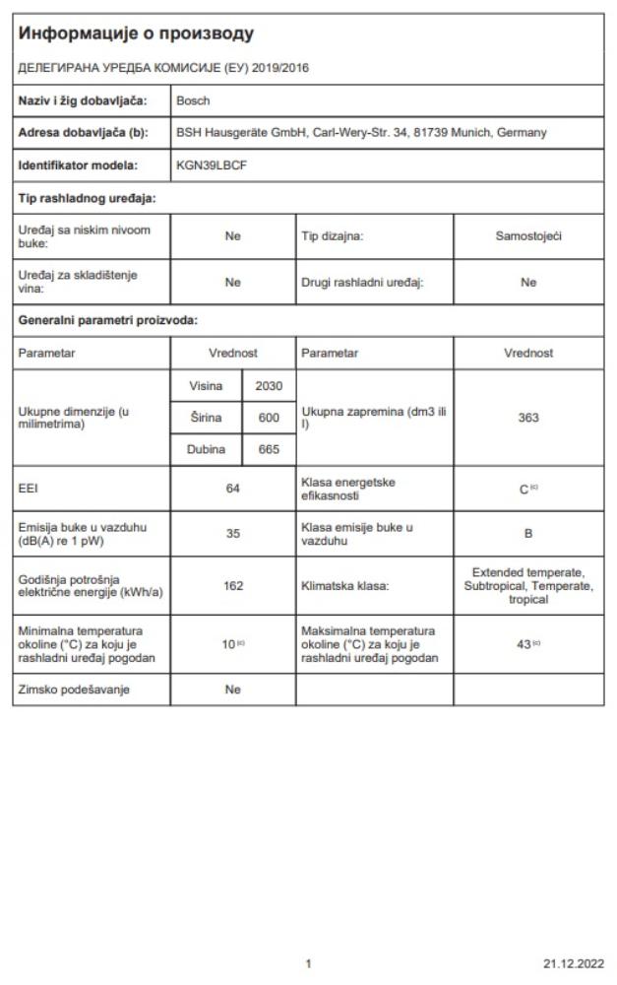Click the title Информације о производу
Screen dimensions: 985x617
point(136,33)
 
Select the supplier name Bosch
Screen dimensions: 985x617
point(193,100)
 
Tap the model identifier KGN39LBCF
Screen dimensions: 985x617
point(212,165)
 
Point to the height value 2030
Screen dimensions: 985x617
point(269,386)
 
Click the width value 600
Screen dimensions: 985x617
point(269,418)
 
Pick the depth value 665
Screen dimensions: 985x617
point(269,450)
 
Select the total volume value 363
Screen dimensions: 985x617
point(528,418)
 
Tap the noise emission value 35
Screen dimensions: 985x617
point(233,534)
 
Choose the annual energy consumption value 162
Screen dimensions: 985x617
point(233,585)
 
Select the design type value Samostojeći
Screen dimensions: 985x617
point(528,236)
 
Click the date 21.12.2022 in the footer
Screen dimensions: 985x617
point(573,963)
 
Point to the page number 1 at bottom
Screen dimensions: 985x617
point(308,963)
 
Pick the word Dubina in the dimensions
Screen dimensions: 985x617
point(206,450)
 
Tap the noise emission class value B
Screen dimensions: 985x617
point(528,534)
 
